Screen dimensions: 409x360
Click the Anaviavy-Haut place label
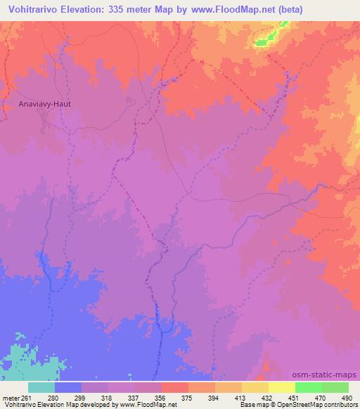[x=46, y=103]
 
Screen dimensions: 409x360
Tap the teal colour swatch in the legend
[x=41, y=387]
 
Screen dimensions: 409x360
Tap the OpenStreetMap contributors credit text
[x=316, y=405]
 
